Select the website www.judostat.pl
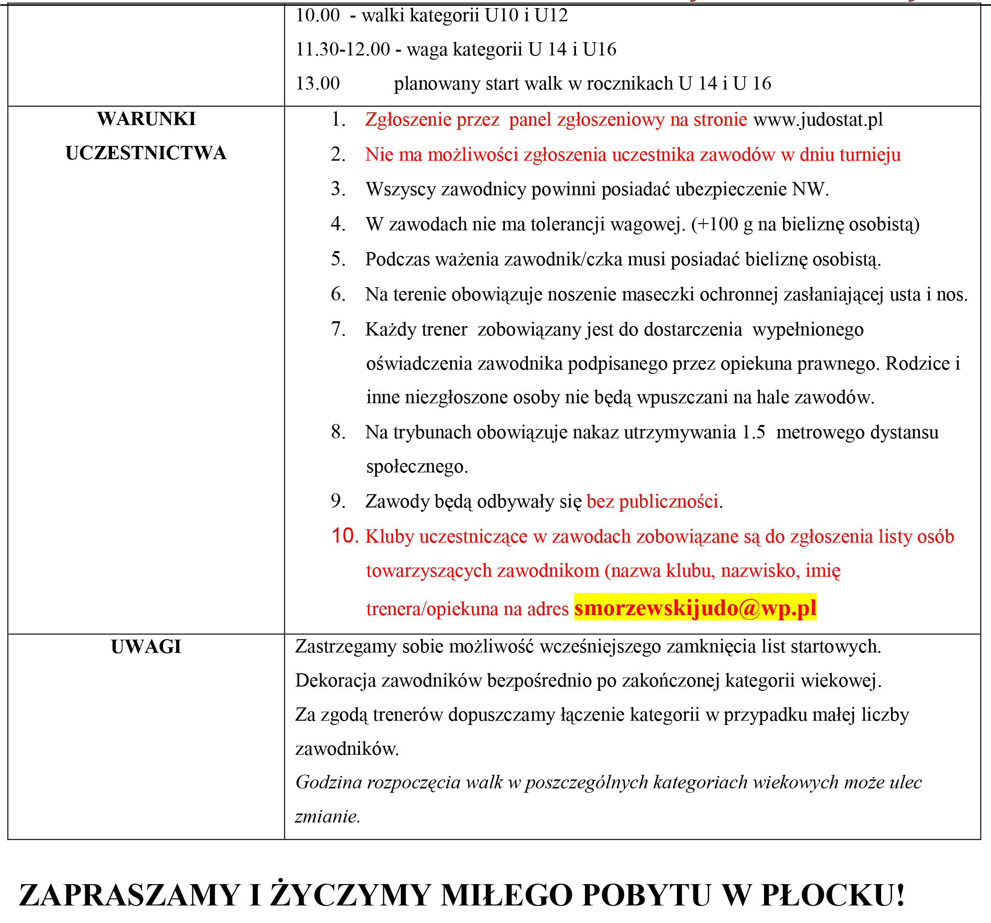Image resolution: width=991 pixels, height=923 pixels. (818, 120)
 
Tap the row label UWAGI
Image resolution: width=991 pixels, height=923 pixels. (146, 647)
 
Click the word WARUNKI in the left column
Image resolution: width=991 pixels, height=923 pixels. (146, 119)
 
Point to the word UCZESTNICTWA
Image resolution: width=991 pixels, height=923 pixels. (146, 153)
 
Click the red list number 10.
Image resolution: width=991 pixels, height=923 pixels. (345, 536)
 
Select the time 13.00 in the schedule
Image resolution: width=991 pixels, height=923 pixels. (317, 83)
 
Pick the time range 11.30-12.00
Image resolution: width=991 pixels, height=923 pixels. (342, 49)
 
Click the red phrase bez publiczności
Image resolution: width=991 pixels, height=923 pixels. (652, 501)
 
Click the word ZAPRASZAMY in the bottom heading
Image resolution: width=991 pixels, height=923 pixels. (130, 895)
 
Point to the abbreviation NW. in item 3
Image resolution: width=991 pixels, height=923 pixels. (811, 190)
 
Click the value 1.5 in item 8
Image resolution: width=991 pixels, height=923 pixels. (753, 432)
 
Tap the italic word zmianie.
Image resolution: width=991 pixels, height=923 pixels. (327, 817)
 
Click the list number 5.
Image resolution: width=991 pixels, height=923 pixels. (338, 259)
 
